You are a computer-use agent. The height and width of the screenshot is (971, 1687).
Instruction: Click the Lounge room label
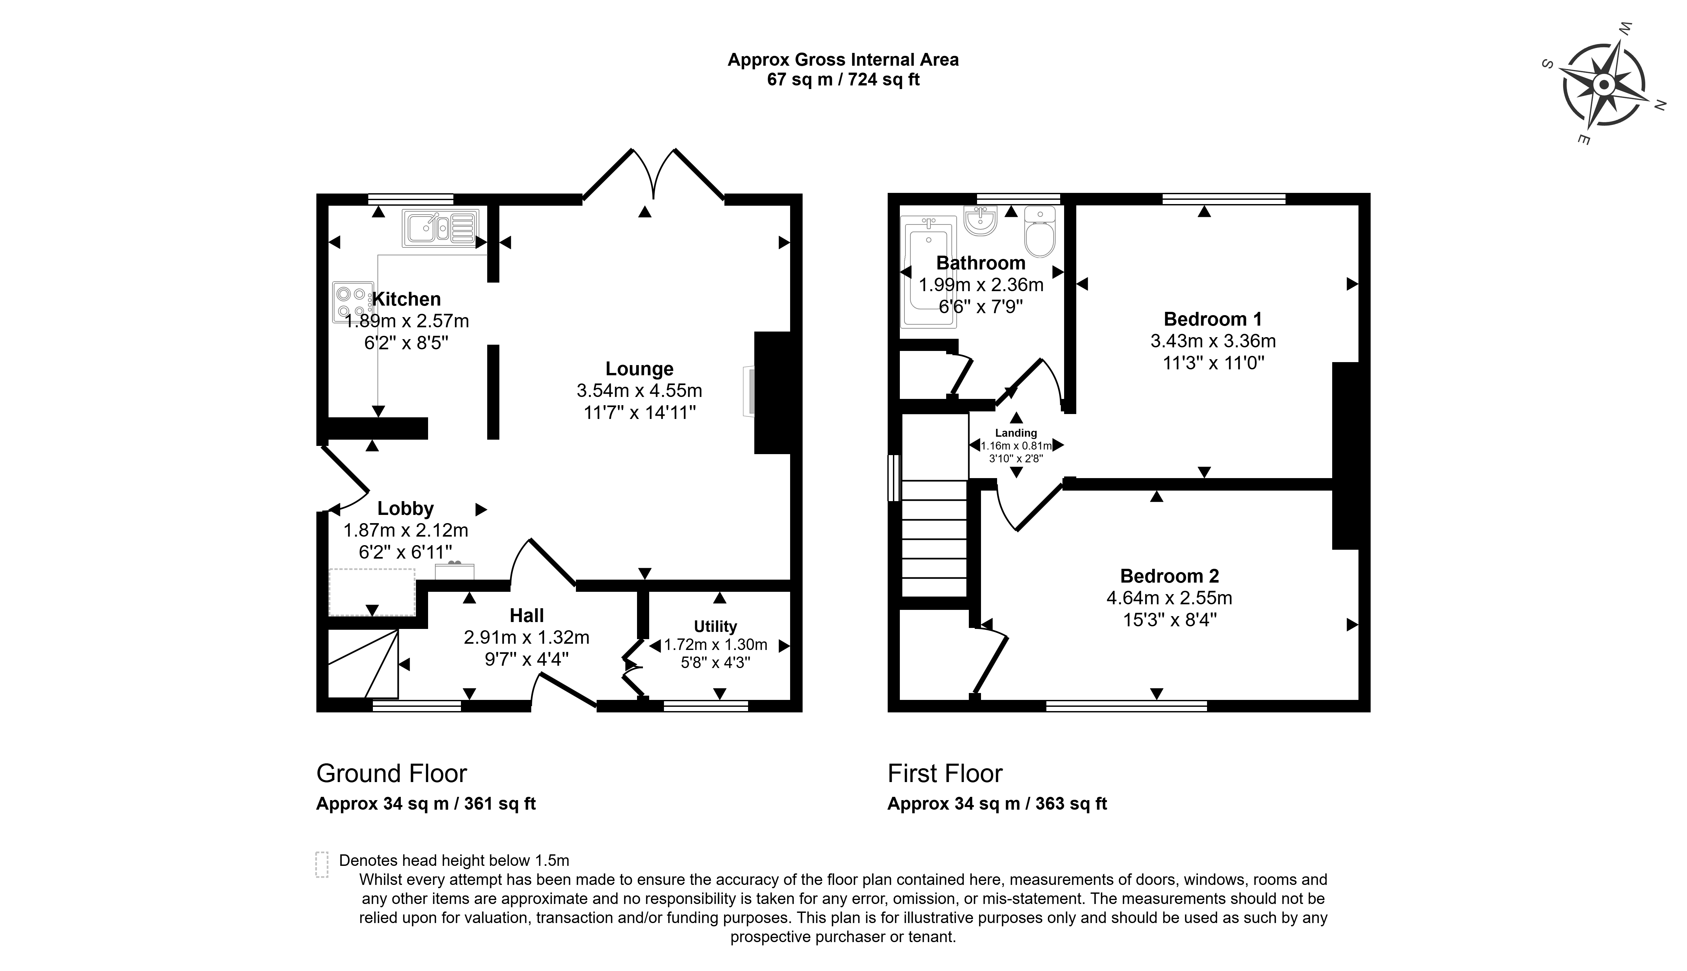point(639,369)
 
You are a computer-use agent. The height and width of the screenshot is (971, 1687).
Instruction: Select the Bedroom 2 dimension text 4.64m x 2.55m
point(1169,597)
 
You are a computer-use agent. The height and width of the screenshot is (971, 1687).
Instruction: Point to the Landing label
point(1016,433)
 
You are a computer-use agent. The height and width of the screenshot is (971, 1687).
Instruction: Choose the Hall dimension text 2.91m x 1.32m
point(527,637)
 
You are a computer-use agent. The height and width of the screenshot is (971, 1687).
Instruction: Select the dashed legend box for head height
point(322,865)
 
